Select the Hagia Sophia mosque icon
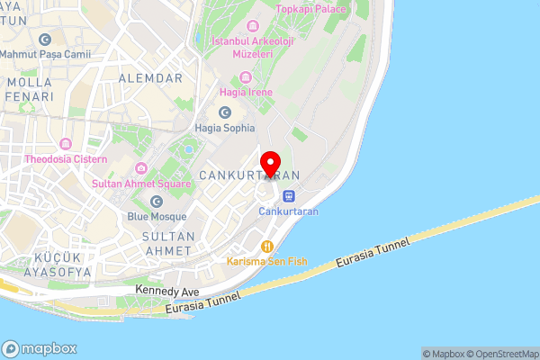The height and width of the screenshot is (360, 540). [225, 112]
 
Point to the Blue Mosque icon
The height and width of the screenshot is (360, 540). [157, 202]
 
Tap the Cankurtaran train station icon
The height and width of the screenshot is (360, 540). [288, 195]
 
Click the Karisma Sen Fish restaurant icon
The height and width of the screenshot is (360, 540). [266, 246]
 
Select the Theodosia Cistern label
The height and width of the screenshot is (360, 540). [66, 159]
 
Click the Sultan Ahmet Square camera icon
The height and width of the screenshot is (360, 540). [141, 168]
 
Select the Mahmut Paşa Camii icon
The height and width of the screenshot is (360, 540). [45, 39]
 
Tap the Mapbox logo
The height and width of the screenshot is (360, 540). [40, 348]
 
